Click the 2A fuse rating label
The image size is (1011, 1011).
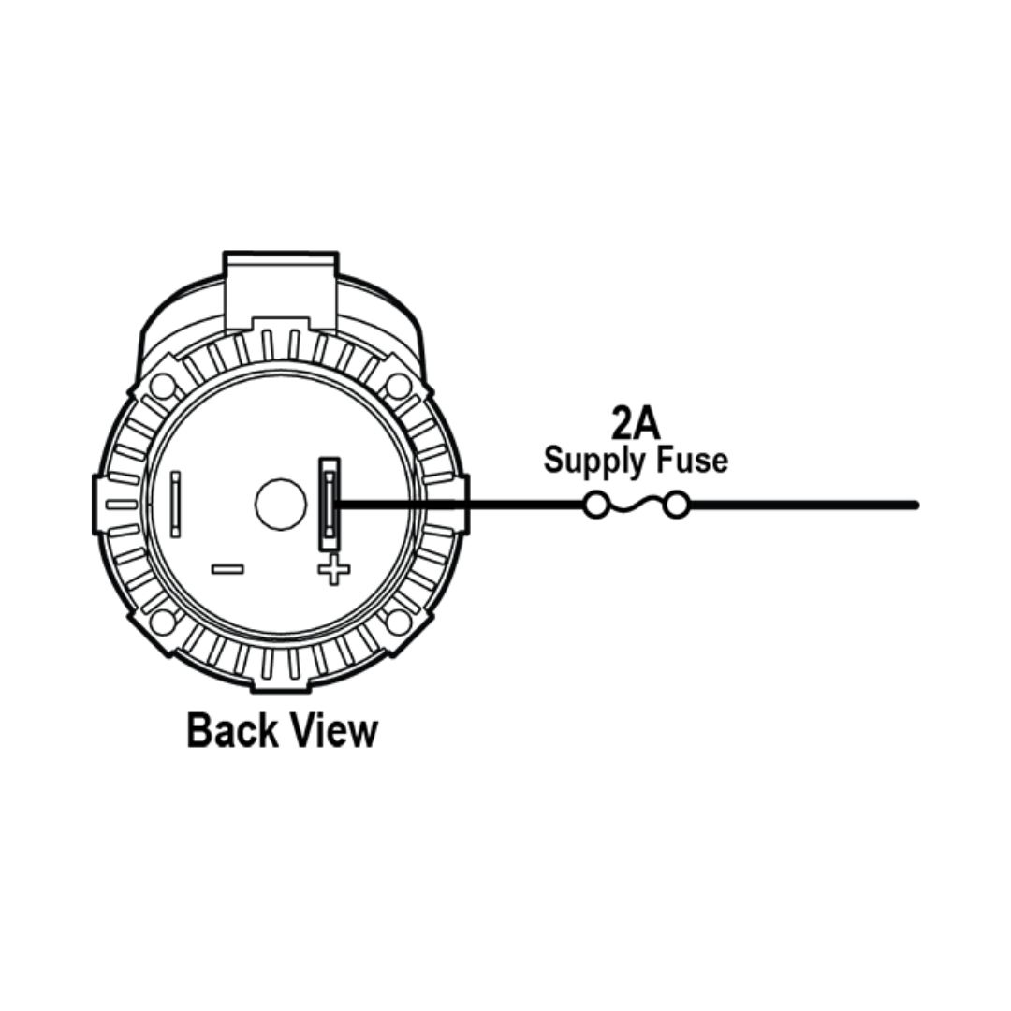pyautogui.click(x=635, y=422)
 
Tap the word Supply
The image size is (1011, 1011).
pyautogui.click(x=593, y=462)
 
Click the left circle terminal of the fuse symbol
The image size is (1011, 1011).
pyautogui.click(x=595, y=505)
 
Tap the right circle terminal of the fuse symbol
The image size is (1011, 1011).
pyautogui.click(x=676, y=505)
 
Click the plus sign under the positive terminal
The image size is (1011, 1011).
pyautogui.click(x=334, y=569)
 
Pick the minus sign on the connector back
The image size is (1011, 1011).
pyautogui.click(x=228, y=569)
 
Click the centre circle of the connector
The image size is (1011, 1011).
pyautogui.click(x=281, y=505)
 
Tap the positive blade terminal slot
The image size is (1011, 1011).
pyautogui.click(x=330, y=505)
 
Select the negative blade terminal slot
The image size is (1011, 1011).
pyautogui.click(x=175, y=505)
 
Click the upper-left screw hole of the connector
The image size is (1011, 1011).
pyautogui.click(x=162, y=387)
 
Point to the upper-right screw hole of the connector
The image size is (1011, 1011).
pyautogui.click(x=399, y=387)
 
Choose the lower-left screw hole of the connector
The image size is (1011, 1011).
pyautogui.click(x=162, y=623)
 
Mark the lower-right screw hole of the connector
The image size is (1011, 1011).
pyautogui.click(x=399, y=623)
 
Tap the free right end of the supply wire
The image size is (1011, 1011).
pyautogui.click(x=915, y=505)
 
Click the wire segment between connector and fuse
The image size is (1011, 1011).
pyautogui.click(x=462, y=505)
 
